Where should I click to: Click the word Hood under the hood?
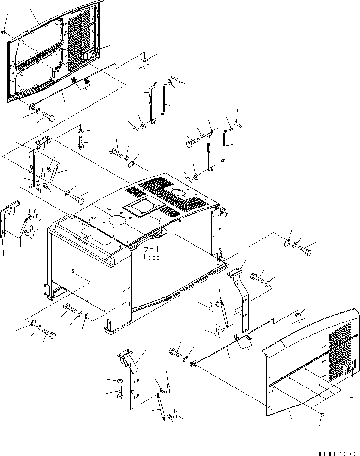pos(151,257)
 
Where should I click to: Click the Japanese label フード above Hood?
pos(152,249)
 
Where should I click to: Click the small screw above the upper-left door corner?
pos(3,32)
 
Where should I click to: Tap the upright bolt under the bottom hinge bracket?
pos(119,393)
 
